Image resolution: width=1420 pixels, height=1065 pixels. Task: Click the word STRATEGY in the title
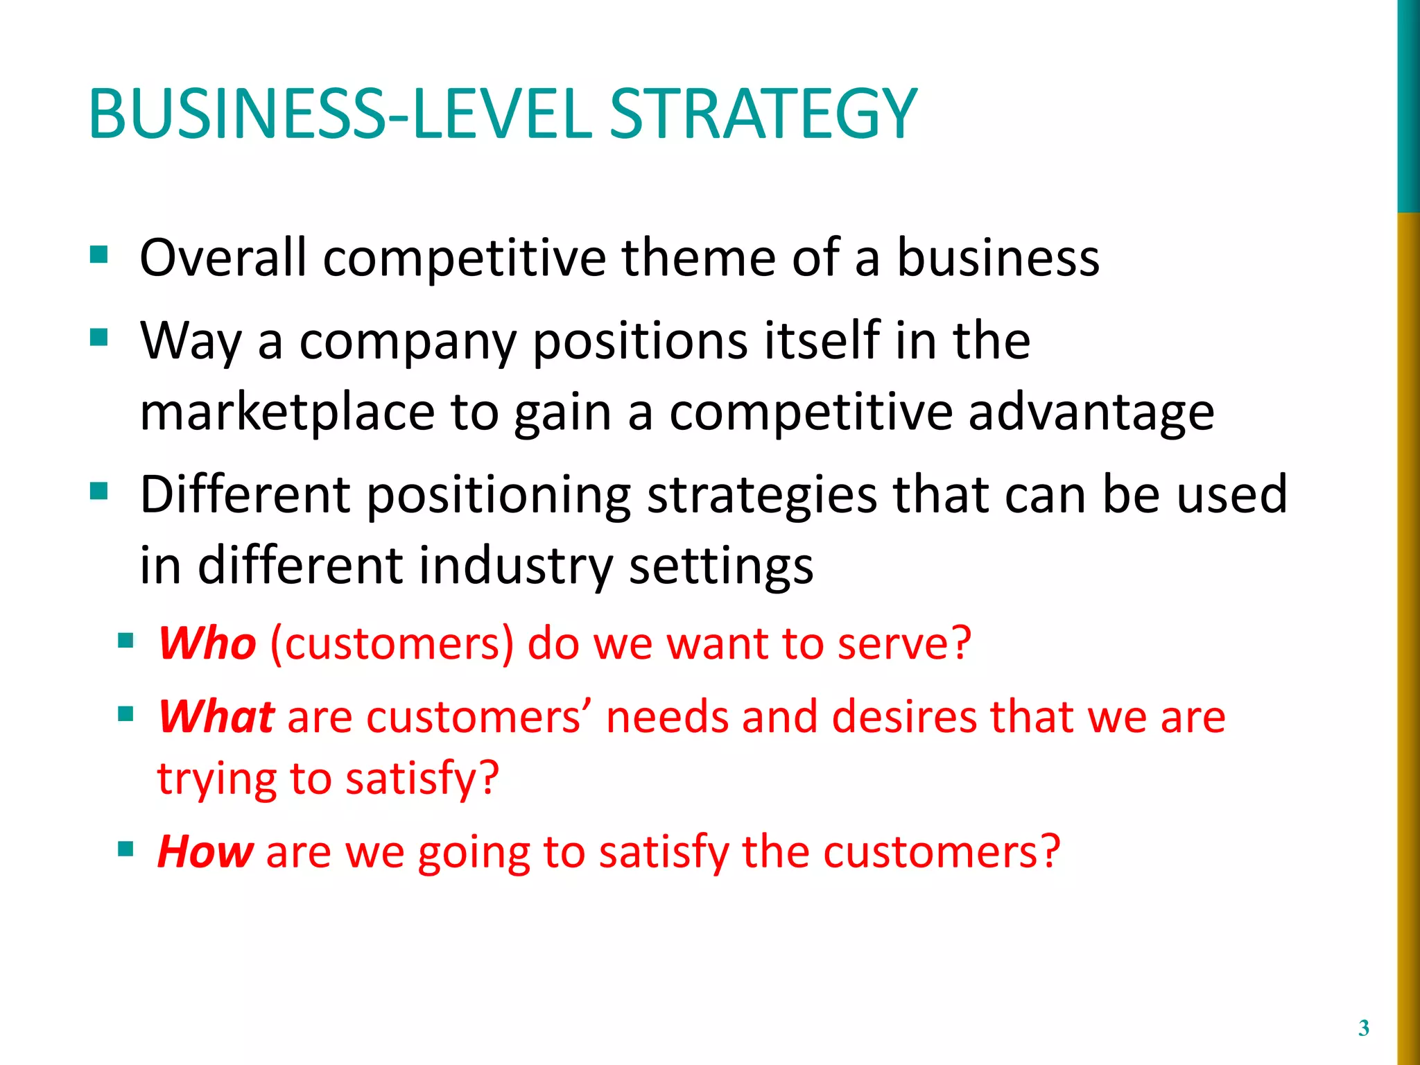pos(763,114)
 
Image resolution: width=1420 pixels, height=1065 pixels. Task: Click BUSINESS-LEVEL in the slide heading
pos(340,114)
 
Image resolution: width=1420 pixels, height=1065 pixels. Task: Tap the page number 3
pos(1364,1028)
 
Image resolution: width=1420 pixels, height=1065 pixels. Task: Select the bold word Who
pos(207,643)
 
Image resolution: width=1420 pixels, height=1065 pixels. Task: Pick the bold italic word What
pos(216,716)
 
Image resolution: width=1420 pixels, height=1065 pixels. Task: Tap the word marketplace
pos(287,413)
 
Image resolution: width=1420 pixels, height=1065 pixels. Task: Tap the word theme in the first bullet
pos(698,258)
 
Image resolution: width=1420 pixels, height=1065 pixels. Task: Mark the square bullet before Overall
pos(98,254)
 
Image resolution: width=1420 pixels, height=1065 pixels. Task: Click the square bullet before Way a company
pos(98,338)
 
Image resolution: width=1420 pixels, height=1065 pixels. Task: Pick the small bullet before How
pos(125,848)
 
